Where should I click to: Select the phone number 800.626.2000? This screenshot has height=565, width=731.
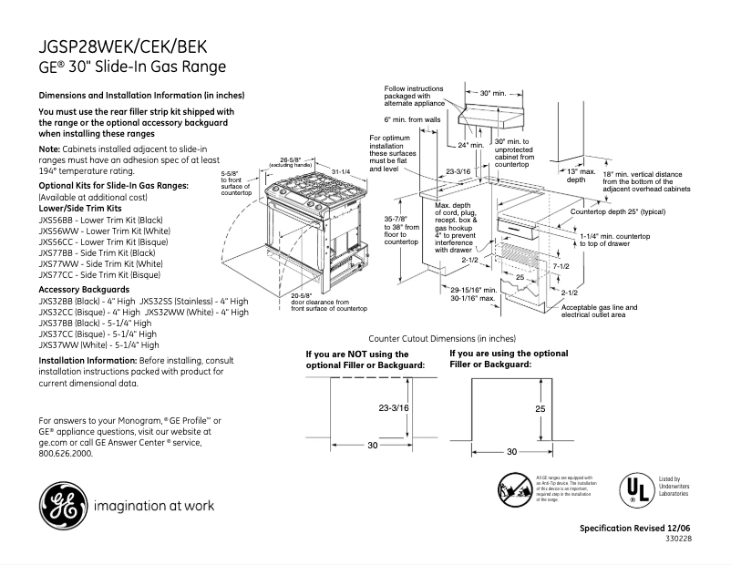(x=66, y=452)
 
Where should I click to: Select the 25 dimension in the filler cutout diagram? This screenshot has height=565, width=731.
(x=540, y=409)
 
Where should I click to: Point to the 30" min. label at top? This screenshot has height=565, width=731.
(x=493, y=93)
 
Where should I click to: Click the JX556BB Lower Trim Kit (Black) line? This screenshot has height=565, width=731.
(x=100, y=220)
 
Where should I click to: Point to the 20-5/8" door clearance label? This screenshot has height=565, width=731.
(x=319, y=302)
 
